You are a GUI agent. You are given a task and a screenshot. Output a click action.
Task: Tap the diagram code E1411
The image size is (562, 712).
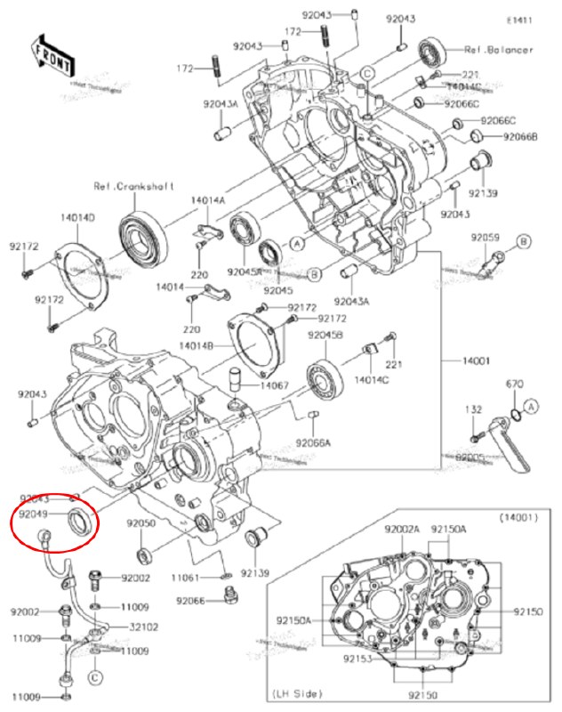[519, 20]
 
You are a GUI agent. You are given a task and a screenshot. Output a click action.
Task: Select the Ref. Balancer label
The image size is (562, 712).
[499, 50]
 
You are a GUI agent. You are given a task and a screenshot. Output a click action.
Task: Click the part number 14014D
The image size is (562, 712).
[77, 217]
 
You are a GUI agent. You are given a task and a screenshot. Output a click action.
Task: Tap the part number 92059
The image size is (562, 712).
[486, 238]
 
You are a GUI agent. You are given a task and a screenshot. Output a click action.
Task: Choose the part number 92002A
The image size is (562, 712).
[402, 530]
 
